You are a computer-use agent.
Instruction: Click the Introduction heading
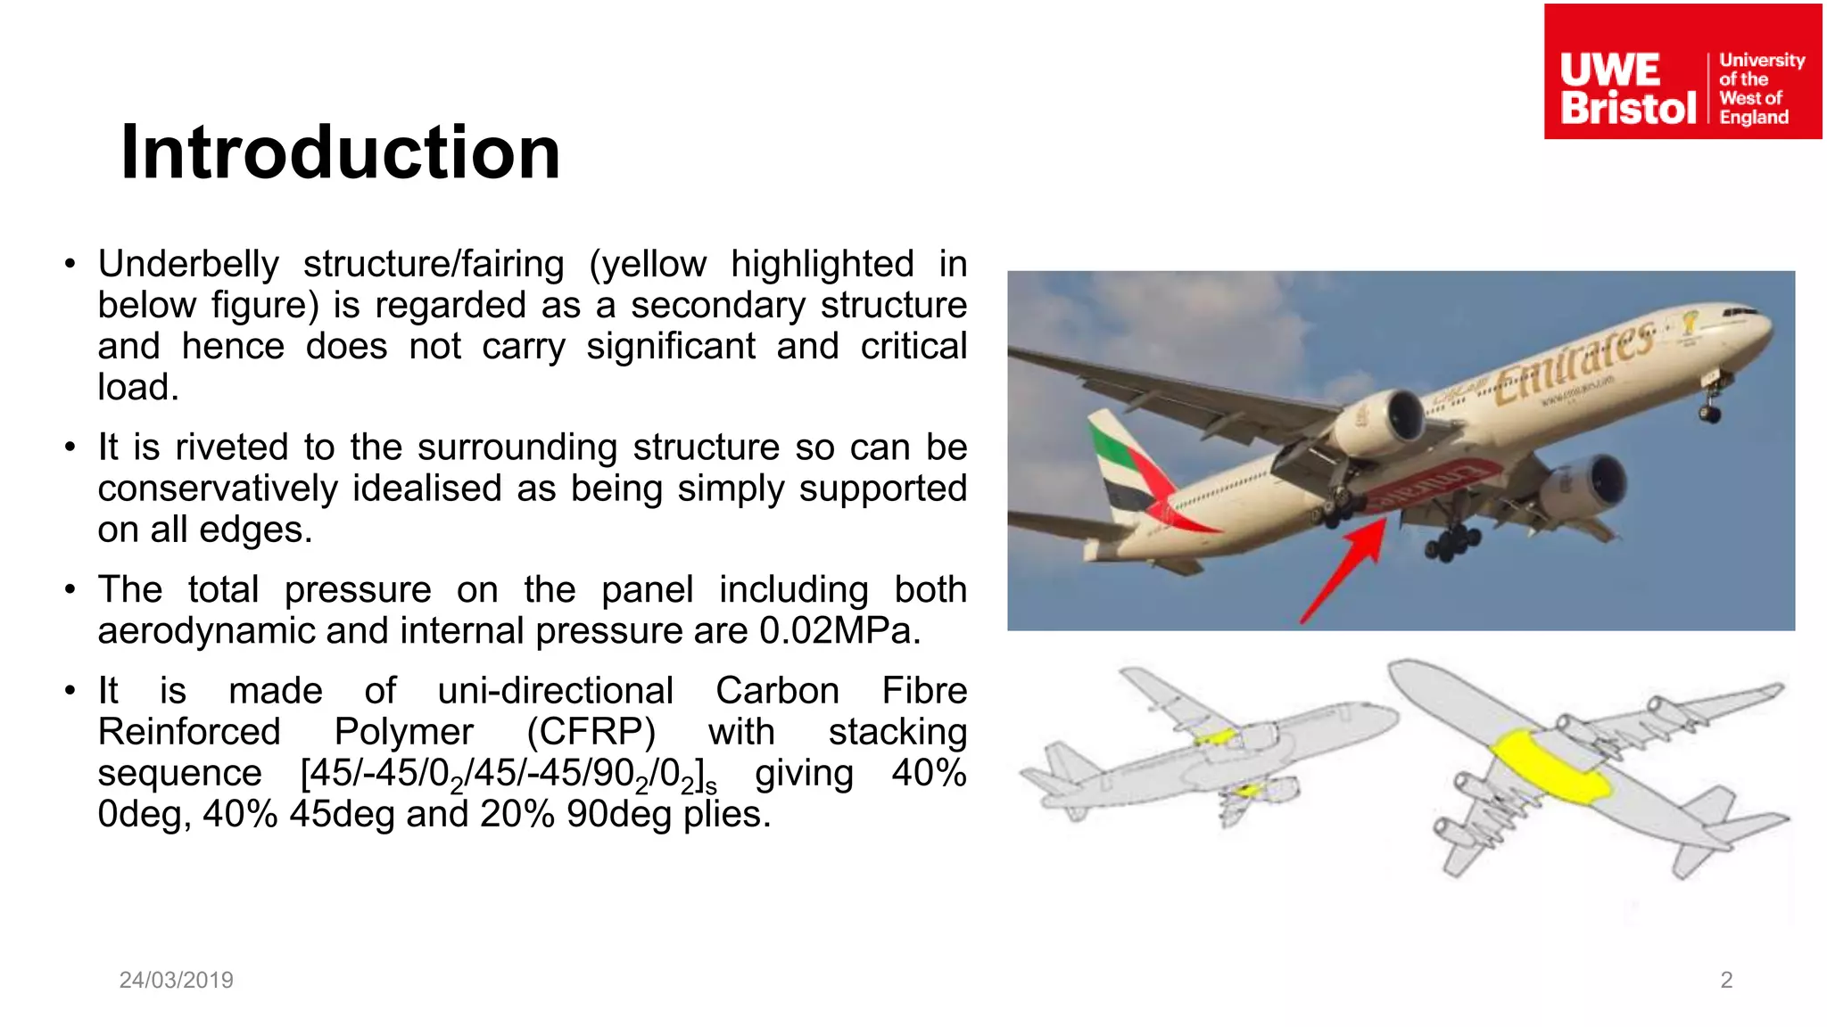point(340,152)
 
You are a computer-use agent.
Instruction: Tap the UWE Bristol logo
point(1682,72)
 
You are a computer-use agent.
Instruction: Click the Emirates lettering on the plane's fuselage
point(1575,361)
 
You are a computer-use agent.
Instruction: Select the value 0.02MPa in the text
point(839,631)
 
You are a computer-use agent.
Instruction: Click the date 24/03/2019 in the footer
point(176,980)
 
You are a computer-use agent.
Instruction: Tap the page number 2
point(1725,980)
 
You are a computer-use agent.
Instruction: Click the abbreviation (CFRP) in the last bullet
point(591,732)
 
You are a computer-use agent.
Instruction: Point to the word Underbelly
point(188,265)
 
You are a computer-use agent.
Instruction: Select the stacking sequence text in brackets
point(508,774)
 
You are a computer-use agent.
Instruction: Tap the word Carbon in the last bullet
point(776,691)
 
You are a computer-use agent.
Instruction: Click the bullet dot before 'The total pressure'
point(70,590)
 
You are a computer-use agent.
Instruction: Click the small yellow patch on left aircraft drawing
point(1215,737)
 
